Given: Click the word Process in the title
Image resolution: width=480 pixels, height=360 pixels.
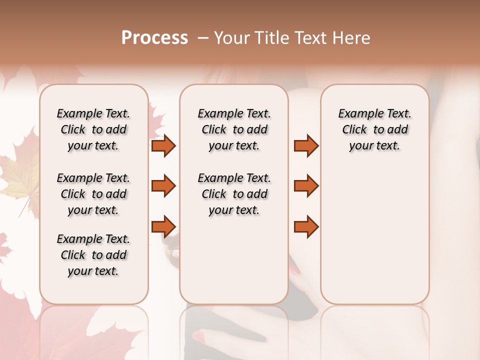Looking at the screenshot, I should (x=154, y=38).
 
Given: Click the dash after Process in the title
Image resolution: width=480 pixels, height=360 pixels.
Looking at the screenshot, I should (x=203, y=38).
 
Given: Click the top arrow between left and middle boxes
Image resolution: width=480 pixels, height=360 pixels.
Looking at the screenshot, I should (x=163, y=145).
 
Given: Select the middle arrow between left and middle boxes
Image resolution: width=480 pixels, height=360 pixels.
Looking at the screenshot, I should (x=163, y=186).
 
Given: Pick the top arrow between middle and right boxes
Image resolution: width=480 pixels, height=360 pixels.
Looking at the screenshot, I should (x=306, y=145).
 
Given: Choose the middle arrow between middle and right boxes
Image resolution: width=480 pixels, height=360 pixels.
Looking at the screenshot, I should (x=306, y=186).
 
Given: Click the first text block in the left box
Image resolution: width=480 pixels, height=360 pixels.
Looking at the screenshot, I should (x=93, y=129).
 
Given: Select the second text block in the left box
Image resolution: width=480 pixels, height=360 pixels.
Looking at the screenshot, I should (x=93, y=194).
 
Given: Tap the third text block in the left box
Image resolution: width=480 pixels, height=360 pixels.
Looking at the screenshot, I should (x=93, y=255).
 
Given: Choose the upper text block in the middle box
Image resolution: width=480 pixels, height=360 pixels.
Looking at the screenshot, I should (x=234, y=129).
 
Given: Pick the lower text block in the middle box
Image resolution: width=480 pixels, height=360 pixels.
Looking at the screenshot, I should (x=234, y=194).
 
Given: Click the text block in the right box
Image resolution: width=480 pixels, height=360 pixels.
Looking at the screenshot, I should (x=375, y=129).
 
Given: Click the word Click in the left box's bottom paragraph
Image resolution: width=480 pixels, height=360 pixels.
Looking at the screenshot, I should (x=73, y=255).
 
